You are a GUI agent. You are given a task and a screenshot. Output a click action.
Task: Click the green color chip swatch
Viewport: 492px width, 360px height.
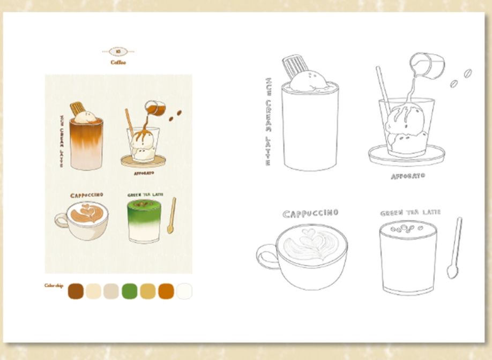coord(130,291)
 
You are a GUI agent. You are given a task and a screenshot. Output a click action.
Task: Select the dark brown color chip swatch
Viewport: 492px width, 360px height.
coord(76,291)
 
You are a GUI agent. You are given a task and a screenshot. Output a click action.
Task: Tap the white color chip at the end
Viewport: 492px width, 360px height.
coord(184,291)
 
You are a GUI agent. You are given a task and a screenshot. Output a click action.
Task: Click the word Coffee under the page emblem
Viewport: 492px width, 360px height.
coord(118,63)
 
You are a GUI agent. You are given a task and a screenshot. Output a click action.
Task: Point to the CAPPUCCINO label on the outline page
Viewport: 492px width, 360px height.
coord(310,213)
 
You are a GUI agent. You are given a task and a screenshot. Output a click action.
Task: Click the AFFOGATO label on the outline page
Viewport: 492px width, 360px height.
coord(408,176)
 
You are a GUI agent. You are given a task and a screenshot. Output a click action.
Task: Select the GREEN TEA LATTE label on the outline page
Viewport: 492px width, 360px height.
coord(410,213)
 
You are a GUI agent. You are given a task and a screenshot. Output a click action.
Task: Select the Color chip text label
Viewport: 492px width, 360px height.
coord(54,286)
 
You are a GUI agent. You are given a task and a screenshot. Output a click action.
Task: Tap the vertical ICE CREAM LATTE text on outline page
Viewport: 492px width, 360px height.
coord(268,121)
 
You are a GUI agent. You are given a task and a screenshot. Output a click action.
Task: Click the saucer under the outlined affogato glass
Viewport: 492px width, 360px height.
coord(406,155)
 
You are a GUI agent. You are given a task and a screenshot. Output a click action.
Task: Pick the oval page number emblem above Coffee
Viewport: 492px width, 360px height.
coord(118,51)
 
